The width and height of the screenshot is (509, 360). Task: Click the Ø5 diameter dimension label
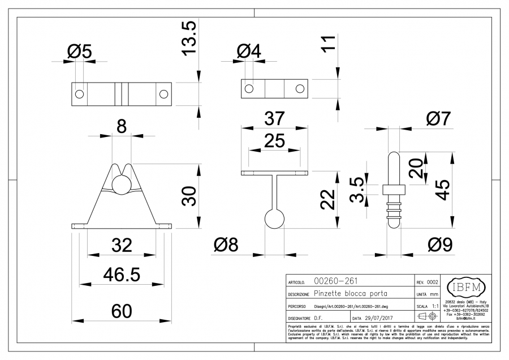(79, 52)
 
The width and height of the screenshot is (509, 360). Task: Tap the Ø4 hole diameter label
(249, 52)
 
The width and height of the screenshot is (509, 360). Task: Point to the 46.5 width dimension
(121, 274)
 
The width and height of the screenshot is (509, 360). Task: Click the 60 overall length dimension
(121, 311)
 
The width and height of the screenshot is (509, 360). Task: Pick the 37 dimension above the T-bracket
(274, 119)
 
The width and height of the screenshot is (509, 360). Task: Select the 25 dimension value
(274, 142)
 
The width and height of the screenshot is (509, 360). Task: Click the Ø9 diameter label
(439, 245)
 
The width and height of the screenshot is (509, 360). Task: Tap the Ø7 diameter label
(439, 119)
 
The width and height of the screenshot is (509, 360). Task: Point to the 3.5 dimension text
(357, 189)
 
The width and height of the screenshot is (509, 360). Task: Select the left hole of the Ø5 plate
(80, 94)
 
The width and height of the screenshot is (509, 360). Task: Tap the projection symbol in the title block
(429, 316)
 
